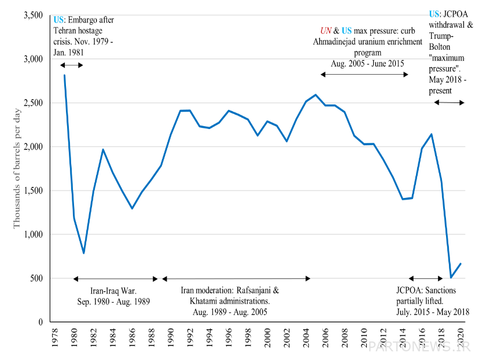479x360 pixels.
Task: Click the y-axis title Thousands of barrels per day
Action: (17, 168)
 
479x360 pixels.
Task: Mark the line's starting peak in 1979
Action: (64, 75)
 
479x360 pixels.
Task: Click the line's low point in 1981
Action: (84, 253)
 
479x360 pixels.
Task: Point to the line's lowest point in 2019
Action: (451, 277)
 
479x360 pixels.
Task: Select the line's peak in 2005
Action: (315, 94)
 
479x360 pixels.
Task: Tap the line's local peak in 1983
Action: (103, 149)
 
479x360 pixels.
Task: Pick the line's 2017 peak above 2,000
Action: (432, 134)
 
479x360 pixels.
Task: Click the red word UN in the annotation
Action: (326, 31)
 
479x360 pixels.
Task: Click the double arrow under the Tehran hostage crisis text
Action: (72, 65)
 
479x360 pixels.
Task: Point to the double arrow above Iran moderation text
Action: (236, 279)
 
